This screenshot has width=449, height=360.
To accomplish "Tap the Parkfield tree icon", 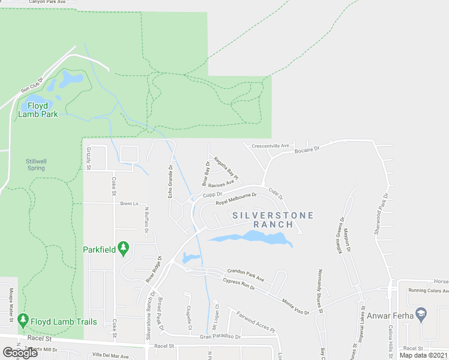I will coord(124,247).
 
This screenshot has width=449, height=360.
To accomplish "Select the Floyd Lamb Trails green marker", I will coord(23,321).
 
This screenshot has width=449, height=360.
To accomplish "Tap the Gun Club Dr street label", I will coord(33,85).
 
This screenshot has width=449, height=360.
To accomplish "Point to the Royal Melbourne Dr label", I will coord(237,199).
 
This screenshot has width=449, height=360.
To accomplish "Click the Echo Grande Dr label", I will coord(170,182).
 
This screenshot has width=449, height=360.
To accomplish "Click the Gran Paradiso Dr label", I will coord(220,337).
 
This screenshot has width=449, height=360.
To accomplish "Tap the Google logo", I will coord(20,353).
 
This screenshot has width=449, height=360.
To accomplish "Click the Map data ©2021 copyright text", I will coord(424,355).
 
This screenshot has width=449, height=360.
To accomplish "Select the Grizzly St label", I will coord(88,158).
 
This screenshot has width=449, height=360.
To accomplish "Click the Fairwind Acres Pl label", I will coord(255,322).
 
